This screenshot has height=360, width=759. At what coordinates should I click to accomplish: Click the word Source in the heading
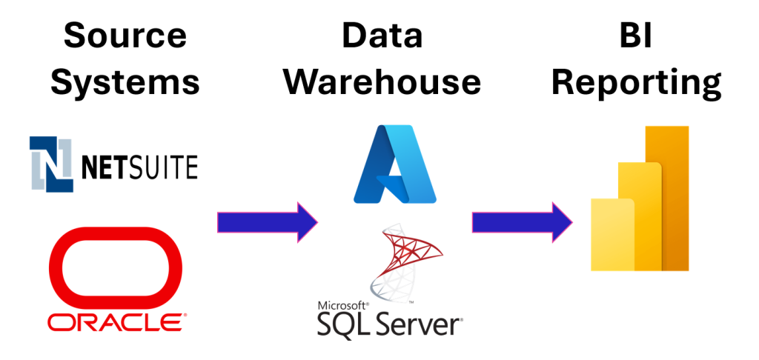125,35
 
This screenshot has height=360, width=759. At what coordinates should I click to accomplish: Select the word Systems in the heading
125,81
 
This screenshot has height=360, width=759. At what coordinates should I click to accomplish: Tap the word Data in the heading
382,35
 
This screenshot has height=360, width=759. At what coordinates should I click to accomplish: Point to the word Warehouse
382,81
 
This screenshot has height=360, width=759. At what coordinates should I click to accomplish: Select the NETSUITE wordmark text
139,166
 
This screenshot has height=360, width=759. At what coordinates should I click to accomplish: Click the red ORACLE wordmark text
115,322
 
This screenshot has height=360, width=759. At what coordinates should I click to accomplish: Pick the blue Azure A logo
394,164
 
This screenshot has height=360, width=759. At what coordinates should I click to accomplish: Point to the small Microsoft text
342,305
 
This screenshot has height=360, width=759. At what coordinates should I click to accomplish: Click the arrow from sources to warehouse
267,221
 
